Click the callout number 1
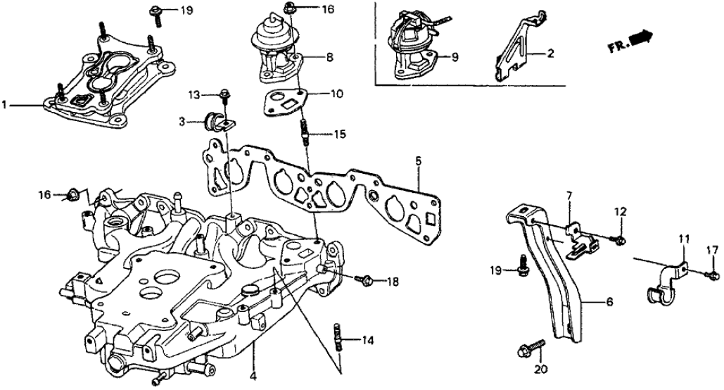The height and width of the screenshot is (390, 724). click(x=5, y=106)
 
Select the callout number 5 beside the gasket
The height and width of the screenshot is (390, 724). click(x=418, y=161)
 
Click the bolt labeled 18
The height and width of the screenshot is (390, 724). click(x=366, y=280)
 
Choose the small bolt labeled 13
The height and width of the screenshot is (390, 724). click(x=224, y=94)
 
